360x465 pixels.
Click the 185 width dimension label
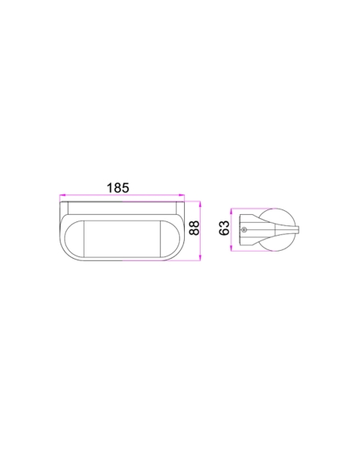118,188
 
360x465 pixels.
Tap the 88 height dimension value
194,228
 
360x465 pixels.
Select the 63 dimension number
224,228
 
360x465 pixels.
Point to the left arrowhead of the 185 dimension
62,195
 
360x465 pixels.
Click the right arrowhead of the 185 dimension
182,195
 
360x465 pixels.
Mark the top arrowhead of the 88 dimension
200,204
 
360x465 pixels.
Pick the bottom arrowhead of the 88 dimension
200,258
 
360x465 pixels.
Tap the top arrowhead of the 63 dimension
231,212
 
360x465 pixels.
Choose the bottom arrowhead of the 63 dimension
231,248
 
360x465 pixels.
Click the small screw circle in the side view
244,229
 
